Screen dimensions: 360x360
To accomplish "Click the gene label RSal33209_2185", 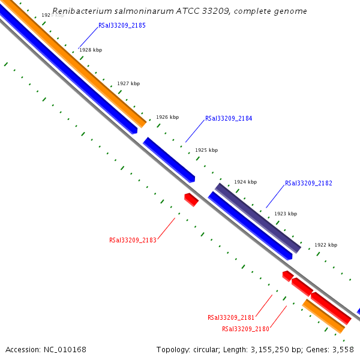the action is click(x=122, y=26).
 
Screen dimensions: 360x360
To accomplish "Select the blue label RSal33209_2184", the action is click(x=229, y=119).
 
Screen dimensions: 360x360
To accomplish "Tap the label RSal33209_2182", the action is click(x=308, y=183).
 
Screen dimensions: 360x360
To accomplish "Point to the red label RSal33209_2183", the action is click(x=133, y=240).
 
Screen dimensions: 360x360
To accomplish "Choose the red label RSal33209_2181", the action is click(x=231, y=317).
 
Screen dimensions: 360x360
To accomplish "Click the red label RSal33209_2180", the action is click(x=245, y=329).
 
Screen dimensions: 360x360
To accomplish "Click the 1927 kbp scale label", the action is click(x=128, y=83).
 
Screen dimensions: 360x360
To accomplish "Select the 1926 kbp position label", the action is click(x=167, y=118).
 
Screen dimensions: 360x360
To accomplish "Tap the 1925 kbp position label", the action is click(x=206, y=150).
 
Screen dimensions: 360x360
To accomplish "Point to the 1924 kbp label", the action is click(x=245, y=182).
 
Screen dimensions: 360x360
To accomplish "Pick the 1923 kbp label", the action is click(x=286, y=214).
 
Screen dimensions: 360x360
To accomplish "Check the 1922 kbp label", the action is click(x=326, y=245).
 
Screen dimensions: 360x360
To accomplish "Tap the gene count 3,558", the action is click(x=343, y=349).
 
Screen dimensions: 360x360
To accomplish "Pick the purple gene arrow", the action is click(x=257, y=217).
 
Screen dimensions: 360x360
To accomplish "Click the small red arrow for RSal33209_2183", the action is click(x=191, y=199).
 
